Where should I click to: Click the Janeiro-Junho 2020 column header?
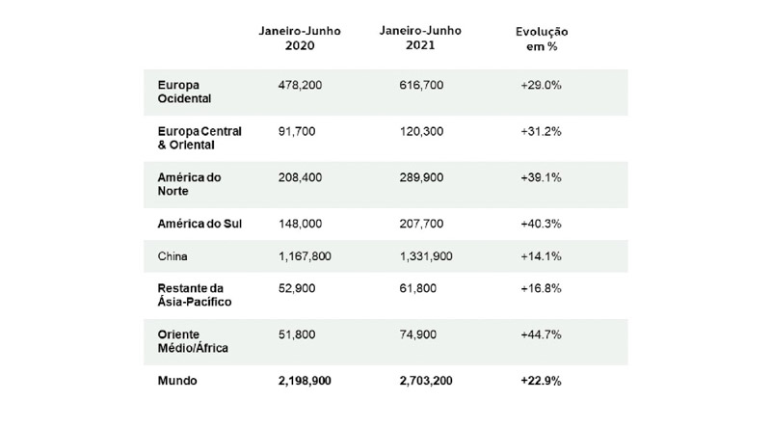point(297,38)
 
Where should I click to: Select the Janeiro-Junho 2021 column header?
point(421,38)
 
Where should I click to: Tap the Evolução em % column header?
point(542,40)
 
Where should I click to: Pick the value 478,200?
point(300,86)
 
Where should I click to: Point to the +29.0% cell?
point(541,86)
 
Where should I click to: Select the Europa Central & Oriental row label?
point(199,138)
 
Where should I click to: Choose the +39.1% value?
point(541,178)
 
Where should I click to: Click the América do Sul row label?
point(199,224)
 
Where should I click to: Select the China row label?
point(173,256)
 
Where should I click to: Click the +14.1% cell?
point(541,256)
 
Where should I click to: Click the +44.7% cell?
point(541,334)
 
